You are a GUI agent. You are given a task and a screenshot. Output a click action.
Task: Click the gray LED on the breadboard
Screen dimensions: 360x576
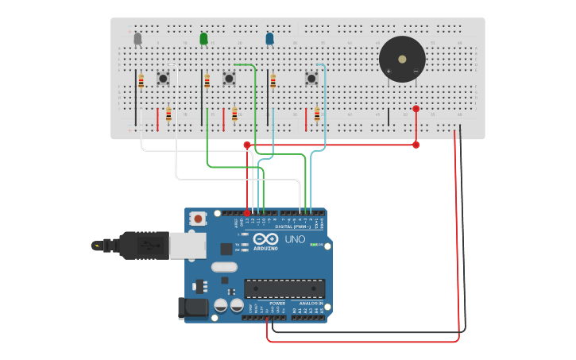coord(137,38)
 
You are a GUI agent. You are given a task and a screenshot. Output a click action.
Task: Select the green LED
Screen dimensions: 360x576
coord(203,38)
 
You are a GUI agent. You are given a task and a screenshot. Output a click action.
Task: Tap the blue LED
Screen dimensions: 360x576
coord(269,38)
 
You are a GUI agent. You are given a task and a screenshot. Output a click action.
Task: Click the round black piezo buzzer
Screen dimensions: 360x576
coord(402,59)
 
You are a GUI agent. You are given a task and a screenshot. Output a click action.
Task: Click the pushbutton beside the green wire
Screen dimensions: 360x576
coord(229,78)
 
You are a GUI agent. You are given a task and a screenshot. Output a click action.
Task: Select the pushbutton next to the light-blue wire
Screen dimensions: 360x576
coord(311,78)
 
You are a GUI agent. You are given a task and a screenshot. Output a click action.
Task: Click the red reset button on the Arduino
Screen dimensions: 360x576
coord(197,218)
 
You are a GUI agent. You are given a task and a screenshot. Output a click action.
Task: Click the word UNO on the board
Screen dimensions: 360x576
coord(294,239)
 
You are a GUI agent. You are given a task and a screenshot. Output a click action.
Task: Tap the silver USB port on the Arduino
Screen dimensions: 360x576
coord(187,246)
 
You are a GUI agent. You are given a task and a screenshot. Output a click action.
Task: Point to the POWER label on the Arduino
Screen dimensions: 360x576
coord(277,303)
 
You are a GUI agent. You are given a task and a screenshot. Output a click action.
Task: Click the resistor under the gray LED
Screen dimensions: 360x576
coord(141,81)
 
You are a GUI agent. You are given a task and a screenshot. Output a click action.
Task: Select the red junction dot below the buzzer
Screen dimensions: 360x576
coord(416,109)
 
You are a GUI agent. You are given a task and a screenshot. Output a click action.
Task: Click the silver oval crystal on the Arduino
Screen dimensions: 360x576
coord(225,248)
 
